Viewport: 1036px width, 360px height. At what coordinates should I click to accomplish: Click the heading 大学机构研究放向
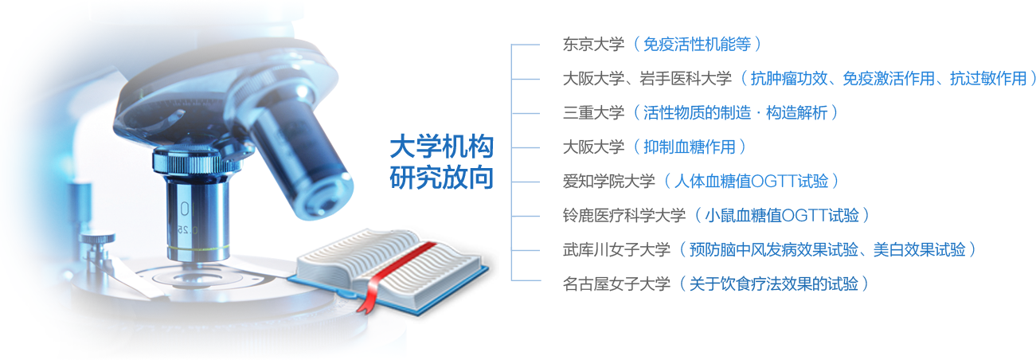442,162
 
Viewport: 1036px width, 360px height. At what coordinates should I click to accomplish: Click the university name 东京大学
593,45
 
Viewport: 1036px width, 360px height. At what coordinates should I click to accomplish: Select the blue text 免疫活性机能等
697,45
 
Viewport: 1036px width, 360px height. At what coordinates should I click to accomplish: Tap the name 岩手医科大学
686,79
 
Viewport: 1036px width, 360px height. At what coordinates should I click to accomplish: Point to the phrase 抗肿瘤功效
788,79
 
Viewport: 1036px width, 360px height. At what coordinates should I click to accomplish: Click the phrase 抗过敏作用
988,79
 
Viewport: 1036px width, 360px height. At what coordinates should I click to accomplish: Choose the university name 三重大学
593,113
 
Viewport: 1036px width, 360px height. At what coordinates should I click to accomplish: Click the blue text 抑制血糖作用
689,147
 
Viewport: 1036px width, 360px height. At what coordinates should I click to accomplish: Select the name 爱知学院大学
608,182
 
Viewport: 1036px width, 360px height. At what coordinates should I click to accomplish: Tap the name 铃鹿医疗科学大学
624,216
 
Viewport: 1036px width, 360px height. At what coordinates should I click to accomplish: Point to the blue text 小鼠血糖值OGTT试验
782,216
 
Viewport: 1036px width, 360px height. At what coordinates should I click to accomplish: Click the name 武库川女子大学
616,250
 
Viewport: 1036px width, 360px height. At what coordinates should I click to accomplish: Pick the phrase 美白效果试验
920,250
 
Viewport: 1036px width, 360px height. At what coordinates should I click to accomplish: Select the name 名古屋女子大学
616,284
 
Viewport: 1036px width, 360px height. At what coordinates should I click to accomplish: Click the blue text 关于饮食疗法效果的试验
774,284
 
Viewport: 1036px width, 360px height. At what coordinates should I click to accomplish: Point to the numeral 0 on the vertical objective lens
185,209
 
